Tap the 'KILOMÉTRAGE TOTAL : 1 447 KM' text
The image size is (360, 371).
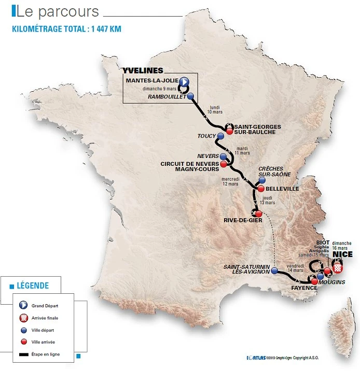66,28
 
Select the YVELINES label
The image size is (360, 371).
143,70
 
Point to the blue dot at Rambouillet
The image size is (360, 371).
191,96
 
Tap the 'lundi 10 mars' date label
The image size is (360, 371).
212,109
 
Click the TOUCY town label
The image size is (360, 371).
206,136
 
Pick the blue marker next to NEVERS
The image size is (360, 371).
223,156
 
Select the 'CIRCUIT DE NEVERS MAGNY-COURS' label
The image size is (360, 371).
189,167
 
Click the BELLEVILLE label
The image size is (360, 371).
282,189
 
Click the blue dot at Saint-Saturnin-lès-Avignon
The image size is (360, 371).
274,271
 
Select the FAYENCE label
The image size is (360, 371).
304,288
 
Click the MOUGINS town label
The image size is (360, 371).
331,281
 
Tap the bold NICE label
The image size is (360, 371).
343,255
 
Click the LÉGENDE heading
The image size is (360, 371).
33,286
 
